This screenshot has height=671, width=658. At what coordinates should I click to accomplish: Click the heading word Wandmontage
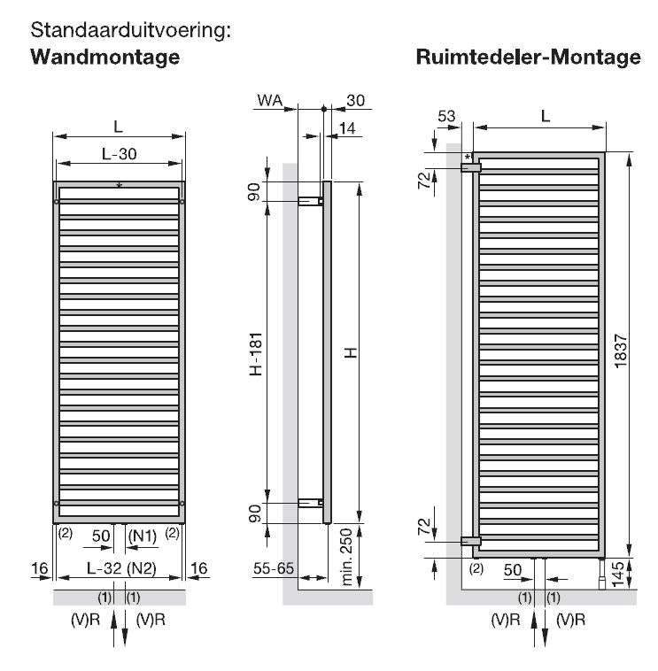(x=105, y=58)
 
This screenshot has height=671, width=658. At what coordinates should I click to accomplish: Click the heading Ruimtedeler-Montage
(x=529, y=57)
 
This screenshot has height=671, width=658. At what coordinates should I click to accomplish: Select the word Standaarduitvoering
(x=130, y=30)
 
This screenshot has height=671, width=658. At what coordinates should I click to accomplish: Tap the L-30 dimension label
(x=119, y=154)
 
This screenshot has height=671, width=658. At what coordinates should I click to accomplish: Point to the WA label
(x=270, y=100)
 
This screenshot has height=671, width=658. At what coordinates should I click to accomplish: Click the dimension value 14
(x=347, y=128)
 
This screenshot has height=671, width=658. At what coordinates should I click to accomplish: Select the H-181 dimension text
(x=256, y=354)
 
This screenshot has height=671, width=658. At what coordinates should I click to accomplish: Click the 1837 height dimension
(x=620, y=351)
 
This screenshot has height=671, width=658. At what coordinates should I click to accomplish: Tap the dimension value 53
(x=446, y=116)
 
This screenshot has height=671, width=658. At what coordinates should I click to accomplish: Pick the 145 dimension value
(x=618, y=574)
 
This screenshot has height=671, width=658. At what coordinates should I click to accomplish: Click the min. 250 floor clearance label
(x=346, y=556)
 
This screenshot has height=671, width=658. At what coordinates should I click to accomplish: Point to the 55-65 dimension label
(x=273, y=568)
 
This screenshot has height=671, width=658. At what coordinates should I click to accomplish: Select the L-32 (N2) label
(x=121, y=568)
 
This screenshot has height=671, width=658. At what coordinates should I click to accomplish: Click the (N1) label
(x=143, y=536)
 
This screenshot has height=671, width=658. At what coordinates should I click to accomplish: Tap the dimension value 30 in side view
(x=355, y=100)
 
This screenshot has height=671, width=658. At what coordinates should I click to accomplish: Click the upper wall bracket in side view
(x=311, y=201)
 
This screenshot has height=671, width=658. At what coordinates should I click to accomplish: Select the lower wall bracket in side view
(x=311, y=503)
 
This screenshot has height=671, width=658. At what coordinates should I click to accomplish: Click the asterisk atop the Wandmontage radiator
(x=120, y=185)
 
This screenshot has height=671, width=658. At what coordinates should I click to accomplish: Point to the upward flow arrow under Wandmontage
(x=114, y=629)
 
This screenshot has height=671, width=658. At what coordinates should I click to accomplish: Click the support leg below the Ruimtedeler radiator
(x=602, y=574)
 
